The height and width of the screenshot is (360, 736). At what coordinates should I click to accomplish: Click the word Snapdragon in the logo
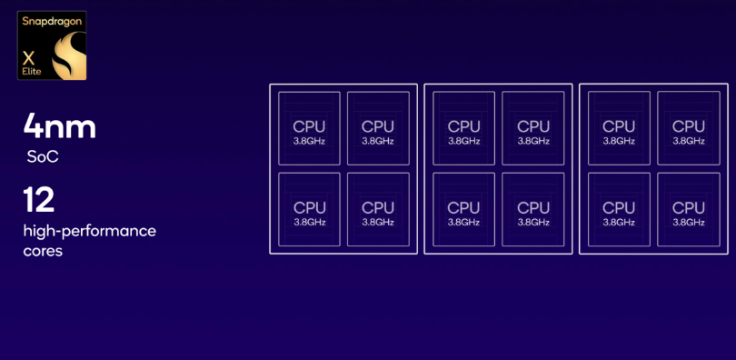52,21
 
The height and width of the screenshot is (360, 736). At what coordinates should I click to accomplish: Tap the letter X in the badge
29,59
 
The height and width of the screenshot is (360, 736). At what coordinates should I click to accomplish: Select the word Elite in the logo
32,72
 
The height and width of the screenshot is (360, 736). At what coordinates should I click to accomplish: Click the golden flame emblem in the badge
69,55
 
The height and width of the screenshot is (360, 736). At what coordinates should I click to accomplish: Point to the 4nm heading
60,125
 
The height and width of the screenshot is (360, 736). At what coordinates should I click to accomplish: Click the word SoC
43,156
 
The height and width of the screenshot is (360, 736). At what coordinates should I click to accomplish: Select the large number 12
39,199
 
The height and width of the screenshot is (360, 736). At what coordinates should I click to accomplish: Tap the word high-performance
90,232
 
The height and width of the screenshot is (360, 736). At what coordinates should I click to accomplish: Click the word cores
43,251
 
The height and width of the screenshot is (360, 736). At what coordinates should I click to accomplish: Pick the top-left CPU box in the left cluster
309,128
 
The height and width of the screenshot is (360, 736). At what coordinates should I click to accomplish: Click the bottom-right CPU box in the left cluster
378,209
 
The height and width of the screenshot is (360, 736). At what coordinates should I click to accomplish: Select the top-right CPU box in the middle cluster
533,128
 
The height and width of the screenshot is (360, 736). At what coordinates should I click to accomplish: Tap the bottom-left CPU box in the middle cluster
463,209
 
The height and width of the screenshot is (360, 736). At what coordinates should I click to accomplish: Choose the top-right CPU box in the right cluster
689,128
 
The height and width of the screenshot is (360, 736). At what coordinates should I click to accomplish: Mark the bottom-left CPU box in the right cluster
619,209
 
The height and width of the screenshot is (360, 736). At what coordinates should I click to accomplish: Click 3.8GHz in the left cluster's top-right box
378,141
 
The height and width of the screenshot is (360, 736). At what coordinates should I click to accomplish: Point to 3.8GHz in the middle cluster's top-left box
463,141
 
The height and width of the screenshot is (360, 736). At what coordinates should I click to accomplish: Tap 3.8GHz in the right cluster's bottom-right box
689,223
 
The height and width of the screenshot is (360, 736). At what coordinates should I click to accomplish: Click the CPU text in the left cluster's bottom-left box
309,207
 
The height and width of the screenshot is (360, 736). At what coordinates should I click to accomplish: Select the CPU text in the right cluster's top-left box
619,126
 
